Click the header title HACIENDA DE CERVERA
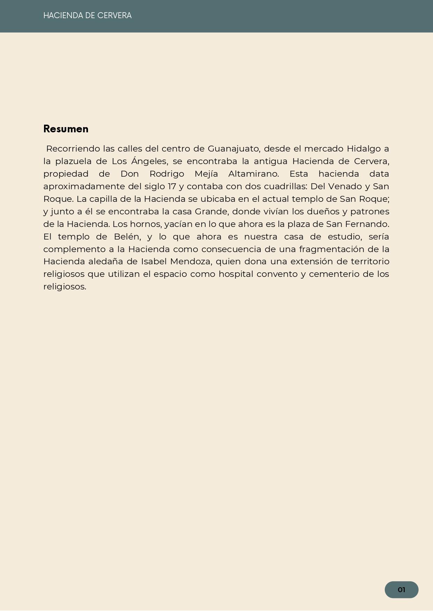(x=87, y=16)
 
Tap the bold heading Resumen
(x=66, y=129)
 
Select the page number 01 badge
(x=401, y=590)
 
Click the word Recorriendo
(x=73, y=149)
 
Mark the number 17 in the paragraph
(x=171, y=186)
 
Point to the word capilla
(x=103, y=199)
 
